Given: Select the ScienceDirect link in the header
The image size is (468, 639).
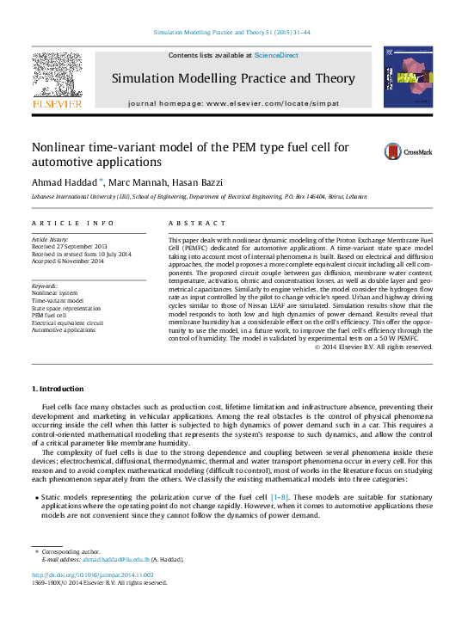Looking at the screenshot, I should [x=276, y=55].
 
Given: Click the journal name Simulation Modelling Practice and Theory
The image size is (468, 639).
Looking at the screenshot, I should [x=232, y=78].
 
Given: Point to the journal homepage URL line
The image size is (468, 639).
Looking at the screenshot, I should [x=232, y=103].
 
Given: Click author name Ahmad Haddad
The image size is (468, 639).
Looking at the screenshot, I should [x=64, y=182].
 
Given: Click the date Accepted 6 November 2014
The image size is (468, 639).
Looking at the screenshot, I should [x=68, y=261].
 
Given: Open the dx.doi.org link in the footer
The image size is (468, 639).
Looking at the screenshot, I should [x=93, y=574].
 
